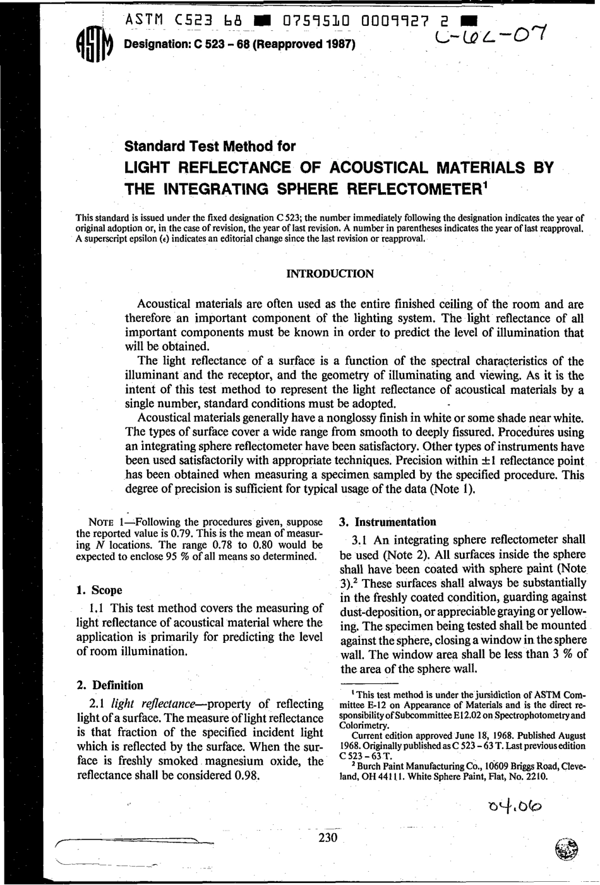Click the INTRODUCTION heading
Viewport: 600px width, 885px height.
[330, 274]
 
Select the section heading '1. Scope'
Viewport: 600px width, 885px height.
[99, 590]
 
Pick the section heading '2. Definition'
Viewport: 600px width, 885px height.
[110, 685]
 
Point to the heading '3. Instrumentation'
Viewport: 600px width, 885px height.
[388, 522]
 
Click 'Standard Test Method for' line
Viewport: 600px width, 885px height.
[210, 147]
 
